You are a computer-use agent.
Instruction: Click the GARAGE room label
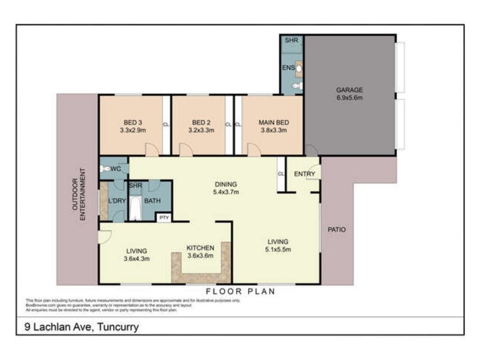(349, 90)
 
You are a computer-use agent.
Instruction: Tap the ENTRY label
(304, 174)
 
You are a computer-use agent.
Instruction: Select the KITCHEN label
(201, 247)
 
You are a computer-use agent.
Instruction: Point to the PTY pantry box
(164, 217)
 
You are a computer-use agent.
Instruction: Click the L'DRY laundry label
(117, 200)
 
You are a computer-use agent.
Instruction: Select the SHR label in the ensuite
(292, 41)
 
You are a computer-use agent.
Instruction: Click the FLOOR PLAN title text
(240, 292)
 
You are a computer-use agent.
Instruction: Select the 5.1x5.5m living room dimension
(281, 251)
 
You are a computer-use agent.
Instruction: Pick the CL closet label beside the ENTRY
(280, 174)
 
